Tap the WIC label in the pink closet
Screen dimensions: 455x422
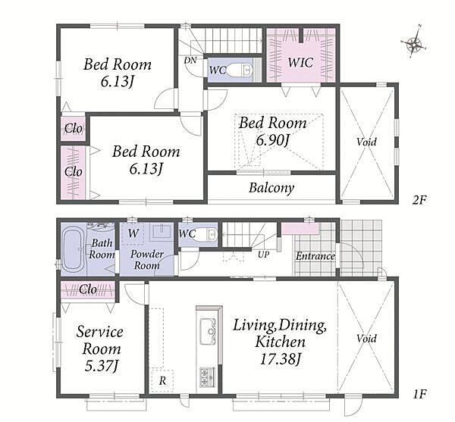[x=300, y=62]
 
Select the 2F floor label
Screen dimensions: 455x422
[x=419, y=200]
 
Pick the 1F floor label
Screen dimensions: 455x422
[x=419, y=394]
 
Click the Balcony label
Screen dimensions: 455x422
[x=271, y=188]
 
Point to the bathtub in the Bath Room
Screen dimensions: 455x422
[x=74, y=249]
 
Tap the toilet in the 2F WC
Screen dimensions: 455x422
[x=240, y=70]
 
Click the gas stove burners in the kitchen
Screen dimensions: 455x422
[x=208, y=377]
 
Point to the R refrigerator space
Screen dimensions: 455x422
[x=162, y=381]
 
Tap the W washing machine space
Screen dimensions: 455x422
[x=133, y=233]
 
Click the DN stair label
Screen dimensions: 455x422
[x=190, y=61]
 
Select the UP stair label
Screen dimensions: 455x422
[x=263, y=255]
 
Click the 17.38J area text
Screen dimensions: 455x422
[x=280, y=360]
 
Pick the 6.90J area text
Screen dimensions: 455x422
[x=272, y=141]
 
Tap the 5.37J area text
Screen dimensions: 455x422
[x=102, y=367]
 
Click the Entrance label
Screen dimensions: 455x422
[x=315, y=256]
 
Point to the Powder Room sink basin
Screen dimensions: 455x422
[x=162, y=231]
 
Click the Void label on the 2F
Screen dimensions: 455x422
[x=367, y=142]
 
